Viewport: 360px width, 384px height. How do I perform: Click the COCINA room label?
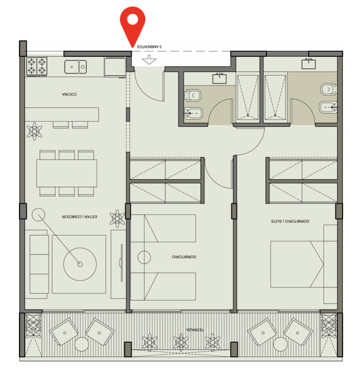[69, 94]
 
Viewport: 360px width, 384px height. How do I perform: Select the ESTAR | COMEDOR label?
[79, 217]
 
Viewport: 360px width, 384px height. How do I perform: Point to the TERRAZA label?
[195, 330]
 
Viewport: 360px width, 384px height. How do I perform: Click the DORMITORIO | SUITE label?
[290, 221]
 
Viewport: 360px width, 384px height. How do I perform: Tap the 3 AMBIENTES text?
[149, 47]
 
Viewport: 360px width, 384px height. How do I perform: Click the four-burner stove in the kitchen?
[37, 66]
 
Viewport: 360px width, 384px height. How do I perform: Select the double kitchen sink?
[75, 67]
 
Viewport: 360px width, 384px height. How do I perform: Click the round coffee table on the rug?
[80, 264]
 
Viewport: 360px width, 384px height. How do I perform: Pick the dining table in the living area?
[67, 173]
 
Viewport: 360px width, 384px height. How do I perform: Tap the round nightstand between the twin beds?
[144, 258]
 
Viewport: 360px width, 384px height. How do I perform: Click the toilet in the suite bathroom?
[328, 89]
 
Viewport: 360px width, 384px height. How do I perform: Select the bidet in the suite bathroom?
[328, 107]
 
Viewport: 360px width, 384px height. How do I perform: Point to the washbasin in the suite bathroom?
[309, 64]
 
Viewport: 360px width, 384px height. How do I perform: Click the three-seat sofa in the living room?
[39, 264]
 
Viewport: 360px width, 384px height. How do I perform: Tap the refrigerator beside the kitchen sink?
[115, 67]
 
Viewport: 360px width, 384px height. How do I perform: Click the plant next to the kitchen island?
[34, 131]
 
